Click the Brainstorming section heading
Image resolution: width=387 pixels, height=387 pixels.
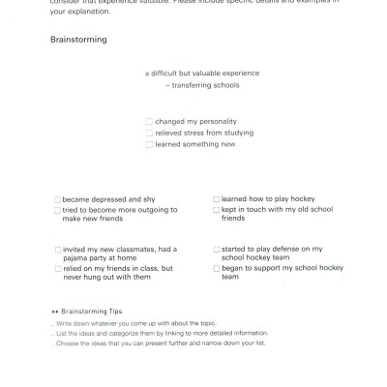pos(78,41)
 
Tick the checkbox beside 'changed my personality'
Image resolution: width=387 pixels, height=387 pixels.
pos(149,122)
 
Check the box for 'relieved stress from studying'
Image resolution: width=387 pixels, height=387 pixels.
pos(149,133)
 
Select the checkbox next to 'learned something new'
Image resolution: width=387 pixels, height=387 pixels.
pos(149,144)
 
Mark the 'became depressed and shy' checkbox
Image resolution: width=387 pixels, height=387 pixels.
pos(58,199)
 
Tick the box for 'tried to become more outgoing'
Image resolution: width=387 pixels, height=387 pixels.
pos(58,209)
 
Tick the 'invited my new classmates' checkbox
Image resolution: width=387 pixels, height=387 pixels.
pos(58,249)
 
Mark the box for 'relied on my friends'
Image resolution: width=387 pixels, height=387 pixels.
pos(58,268)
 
